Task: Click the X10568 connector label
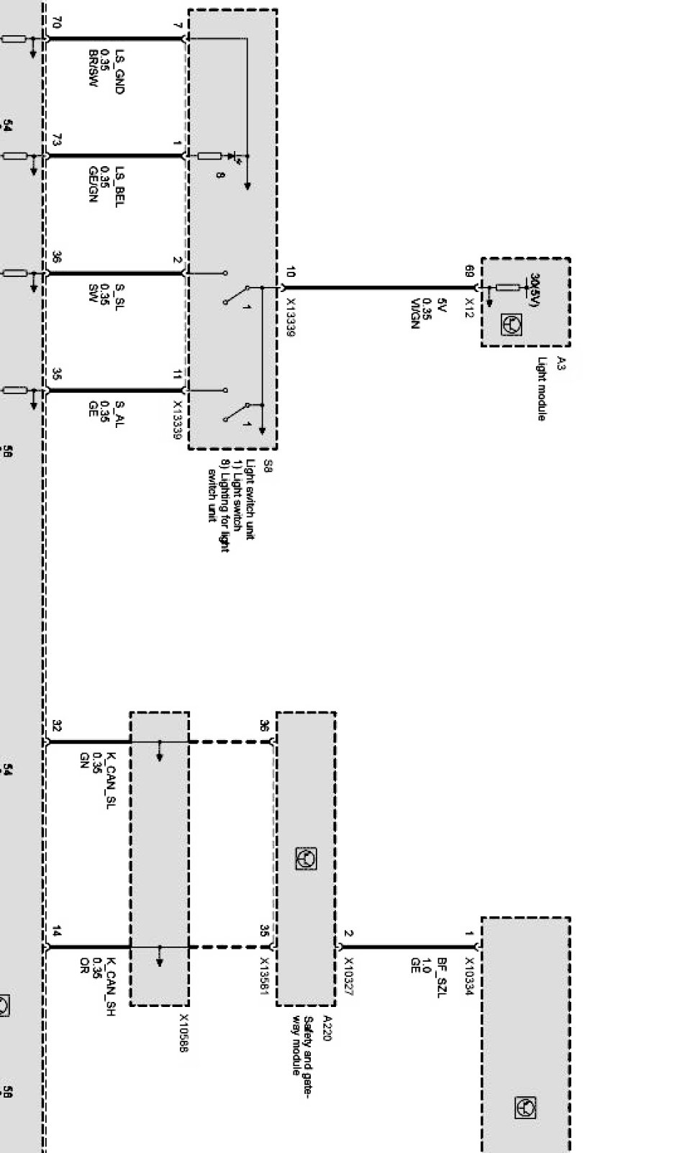click(x=183, y=1033)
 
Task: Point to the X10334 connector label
click(x=469, y=975)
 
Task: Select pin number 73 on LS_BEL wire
click(x=57, y=140)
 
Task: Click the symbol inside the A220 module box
click(x=306, y=859)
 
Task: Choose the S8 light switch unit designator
click(x=268, y=465)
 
